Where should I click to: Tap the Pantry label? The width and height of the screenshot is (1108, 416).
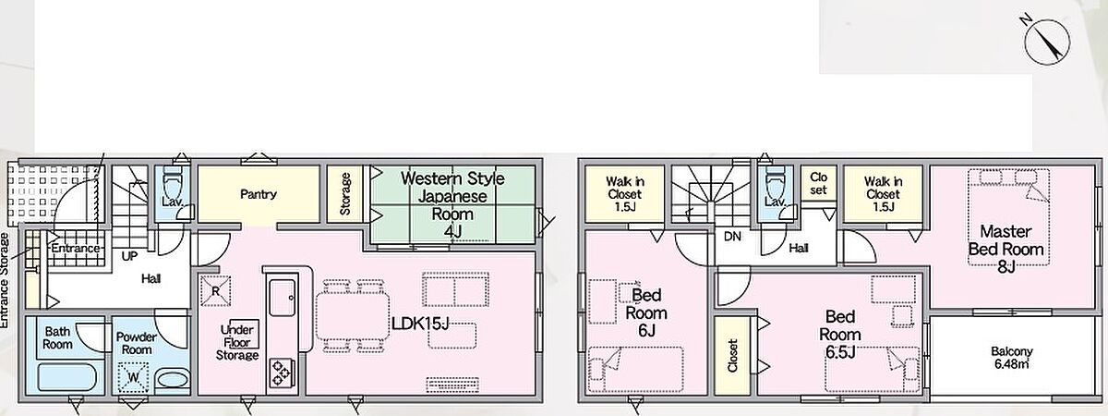(259, 194)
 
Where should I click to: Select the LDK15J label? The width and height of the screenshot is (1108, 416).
(420, 324)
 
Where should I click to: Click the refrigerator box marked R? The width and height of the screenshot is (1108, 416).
(215, 290)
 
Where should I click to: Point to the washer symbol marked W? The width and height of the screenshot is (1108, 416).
(133, 377)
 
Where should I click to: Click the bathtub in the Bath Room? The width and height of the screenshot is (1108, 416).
(67, 379)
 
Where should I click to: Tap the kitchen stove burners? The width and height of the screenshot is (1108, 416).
(281, 373)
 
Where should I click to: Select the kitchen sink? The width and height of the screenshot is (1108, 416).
(282, 298)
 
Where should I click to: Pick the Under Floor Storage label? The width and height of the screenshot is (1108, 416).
(237, 342)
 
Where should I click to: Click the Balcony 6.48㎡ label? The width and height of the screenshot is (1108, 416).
(1012, 358)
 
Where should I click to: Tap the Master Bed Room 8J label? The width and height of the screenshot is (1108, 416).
(1006, 249)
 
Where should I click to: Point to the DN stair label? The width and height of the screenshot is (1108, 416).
(732, 237)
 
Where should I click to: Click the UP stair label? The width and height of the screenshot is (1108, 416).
(129, 257)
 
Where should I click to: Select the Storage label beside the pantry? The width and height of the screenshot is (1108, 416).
(345, 194)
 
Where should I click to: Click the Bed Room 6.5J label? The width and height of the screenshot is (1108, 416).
(840, 335)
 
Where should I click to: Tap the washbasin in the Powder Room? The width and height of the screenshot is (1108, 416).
(173, 380)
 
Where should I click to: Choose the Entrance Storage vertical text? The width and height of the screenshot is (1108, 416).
(4, 280)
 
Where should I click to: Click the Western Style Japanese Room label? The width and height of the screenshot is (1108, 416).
(452, 205)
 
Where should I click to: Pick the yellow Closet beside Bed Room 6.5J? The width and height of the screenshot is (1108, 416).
(732, 356)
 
